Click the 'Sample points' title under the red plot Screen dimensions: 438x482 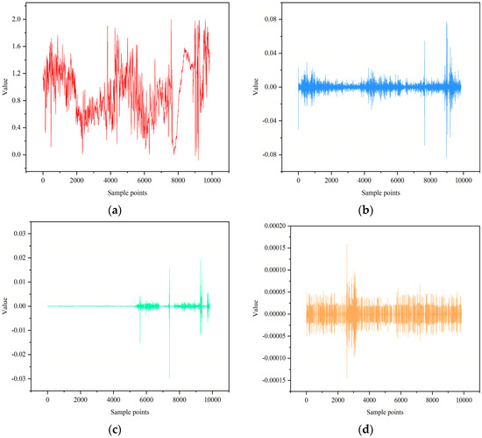tap(127, 188)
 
